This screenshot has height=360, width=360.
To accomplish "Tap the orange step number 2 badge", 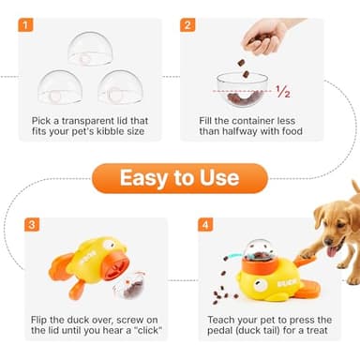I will point(187,26).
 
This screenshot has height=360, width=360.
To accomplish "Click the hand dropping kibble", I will point(265,38).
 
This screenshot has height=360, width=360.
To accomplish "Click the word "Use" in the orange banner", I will point(219,177).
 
